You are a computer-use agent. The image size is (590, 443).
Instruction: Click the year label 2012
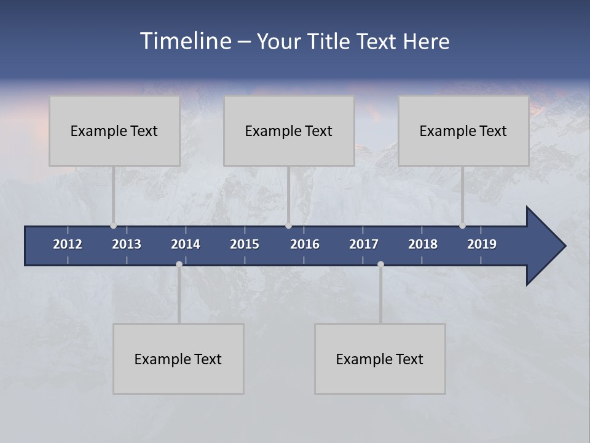pos(68,244)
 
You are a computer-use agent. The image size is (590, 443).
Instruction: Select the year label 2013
pos(127,244)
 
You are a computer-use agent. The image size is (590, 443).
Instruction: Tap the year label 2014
pos(186,244)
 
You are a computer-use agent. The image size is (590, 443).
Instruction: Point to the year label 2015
pos(245,244)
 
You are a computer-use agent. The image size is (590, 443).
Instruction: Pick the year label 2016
pos(305,244)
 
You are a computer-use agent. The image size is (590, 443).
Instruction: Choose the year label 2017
pos(364,244)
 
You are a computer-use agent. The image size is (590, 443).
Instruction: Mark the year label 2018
pos(423,244)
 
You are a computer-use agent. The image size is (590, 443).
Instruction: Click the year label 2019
pos(482,244)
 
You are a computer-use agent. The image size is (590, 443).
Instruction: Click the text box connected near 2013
pos(114,130)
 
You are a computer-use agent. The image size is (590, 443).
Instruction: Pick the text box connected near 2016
pos(289,130)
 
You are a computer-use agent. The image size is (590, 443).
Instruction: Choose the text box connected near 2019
pos(463,130)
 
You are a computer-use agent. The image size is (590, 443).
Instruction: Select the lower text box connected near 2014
pos(178,359)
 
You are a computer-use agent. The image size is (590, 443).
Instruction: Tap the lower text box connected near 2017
pos(380,359)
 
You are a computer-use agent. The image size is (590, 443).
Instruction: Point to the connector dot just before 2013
pos(114,226)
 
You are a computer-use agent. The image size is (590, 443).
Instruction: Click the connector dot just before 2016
pos(288,226)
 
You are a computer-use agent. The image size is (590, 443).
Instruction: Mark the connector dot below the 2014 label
pos(179,264)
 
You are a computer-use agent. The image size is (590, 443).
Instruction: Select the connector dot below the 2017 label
pos(380,264)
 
